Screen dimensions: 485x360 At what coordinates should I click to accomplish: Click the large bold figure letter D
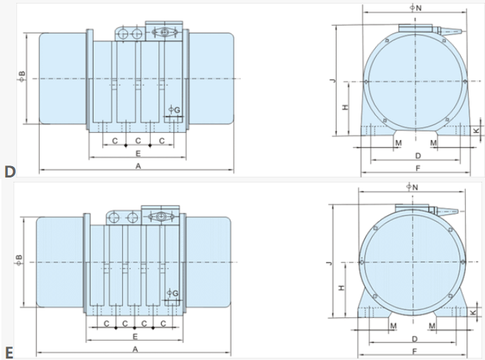(x=10, y=171)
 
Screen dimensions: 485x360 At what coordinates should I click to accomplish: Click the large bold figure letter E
(x=9, y=353)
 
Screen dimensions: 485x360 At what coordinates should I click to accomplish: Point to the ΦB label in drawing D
(x=21, y=76)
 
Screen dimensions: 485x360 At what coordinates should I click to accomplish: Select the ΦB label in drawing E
(x=18, y=260)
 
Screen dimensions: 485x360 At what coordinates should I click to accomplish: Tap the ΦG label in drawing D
(x=174, y=110)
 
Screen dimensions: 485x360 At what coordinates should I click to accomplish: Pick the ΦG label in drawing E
(x=173, y=293)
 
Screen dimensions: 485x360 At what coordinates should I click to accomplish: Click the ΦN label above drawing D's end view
(x=415, y=8)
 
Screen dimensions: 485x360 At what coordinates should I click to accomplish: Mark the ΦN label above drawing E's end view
(x=412, y=187)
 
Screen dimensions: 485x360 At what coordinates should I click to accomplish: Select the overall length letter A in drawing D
(x=138, y=166)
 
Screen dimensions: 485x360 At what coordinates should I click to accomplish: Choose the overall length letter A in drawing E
(x=135, y=349)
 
